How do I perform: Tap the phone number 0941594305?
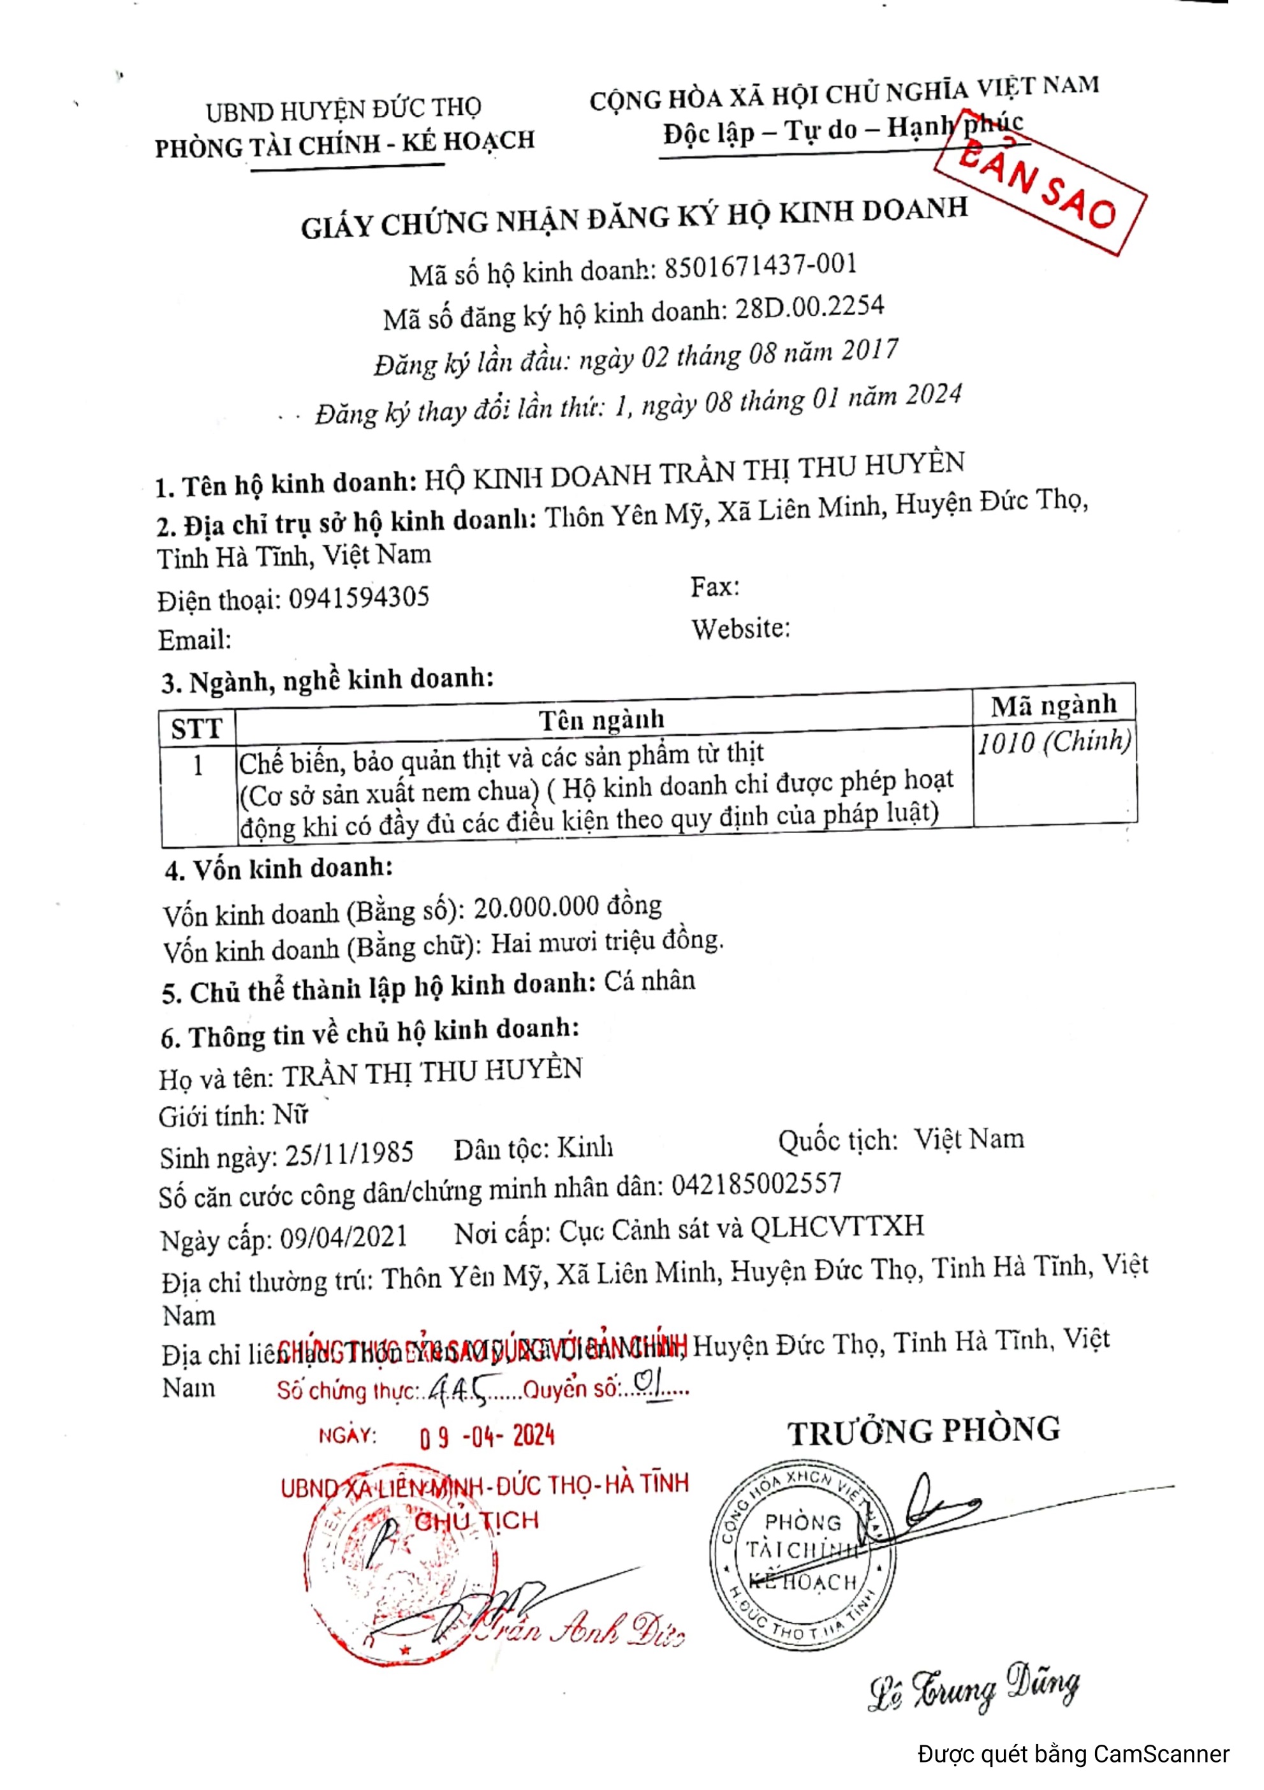pos(358,598)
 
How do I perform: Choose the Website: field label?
pos(740,628)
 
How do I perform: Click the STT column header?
pos(196,729)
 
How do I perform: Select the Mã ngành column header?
pos(1054,705)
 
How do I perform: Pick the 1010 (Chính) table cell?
pos(1054,741)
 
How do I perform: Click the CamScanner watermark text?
pos(1074,1755)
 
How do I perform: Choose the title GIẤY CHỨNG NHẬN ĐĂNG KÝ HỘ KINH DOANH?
pos(635,218)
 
